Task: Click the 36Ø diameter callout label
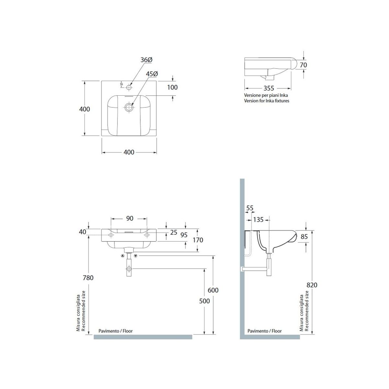pyautogui.click(x=146, y=60)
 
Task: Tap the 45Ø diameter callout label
pyautogui.click(x=152, y=74)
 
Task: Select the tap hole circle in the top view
pyautogui.click(x=129, y=87)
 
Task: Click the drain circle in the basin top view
pyautogui.click(x=129, y=107)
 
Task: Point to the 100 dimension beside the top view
pyautogui.click(x=172, y=88)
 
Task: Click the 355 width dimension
pyautogui.click(x=269, y=88)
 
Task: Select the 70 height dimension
pyautogui.click(x=303, y=65)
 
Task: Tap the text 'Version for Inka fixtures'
pyautogui.click(x=266, y=101)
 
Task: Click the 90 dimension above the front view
pyautogui.click(x=130, y=218)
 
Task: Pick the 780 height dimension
pyautogui.click(x=88, y=278)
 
